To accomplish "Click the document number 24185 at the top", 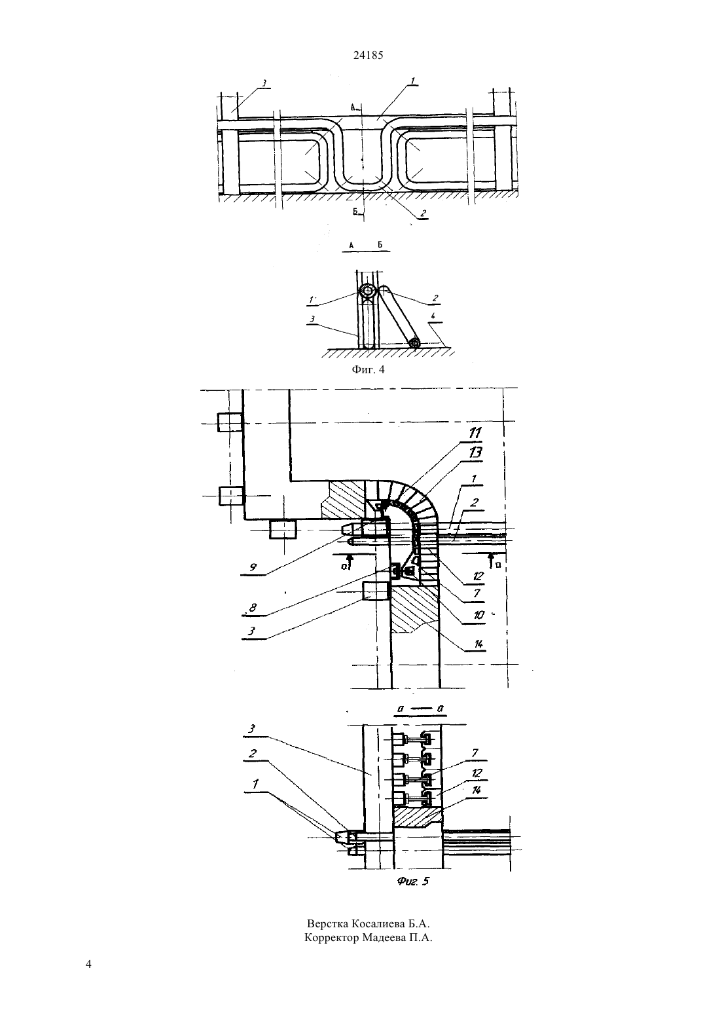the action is coord(368,56).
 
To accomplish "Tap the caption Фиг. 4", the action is coord(368,370).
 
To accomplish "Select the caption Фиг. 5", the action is coord(413,881).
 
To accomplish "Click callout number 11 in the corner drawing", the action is coord(475,433).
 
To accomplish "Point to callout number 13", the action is coord(475,453).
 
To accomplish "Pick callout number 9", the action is coord(253,567).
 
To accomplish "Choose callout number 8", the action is coord(253,608).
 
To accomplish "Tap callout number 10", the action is coord(479,616).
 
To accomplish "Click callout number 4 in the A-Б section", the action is coord(433,316).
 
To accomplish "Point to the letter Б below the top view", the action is coord(356,212).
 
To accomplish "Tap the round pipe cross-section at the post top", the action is coord(367,291).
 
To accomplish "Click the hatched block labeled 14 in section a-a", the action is coord(418,817).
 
